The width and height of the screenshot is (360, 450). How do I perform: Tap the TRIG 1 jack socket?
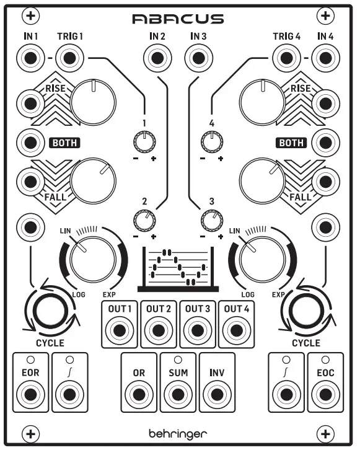pyautogui.click(x=68, y=59)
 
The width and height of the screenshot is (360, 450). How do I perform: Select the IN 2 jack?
pyautogui.click(x=157, y=59)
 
